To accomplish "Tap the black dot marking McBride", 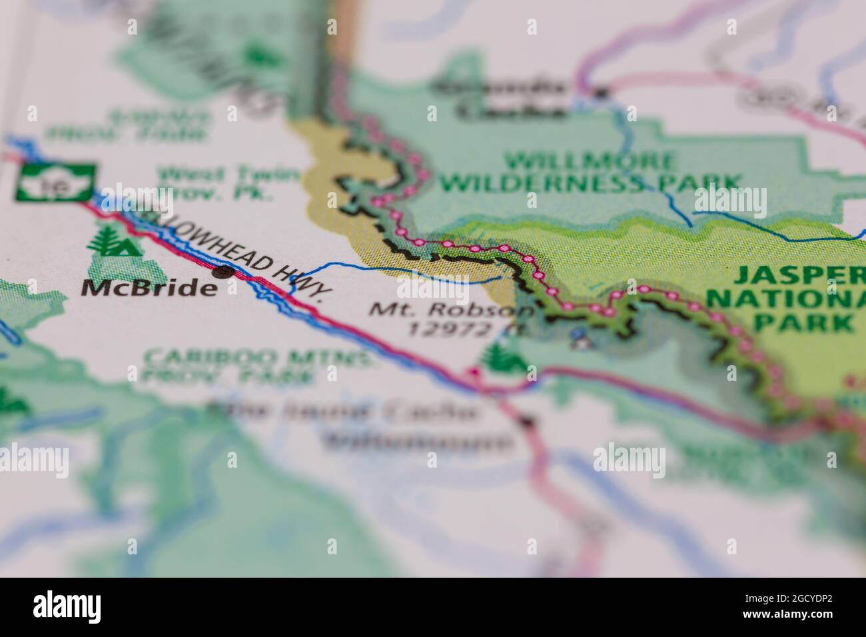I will tap(223, 271).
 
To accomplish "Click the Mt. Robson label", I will tap(452, 310).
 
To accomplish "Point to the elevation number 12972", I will tap(449, 328).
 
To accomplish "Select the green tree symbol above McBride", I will tap(113, 241).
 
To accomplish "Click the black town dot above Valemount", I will tap(528, 421).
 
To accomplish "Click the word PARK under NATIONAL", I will tap(805, 323).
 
